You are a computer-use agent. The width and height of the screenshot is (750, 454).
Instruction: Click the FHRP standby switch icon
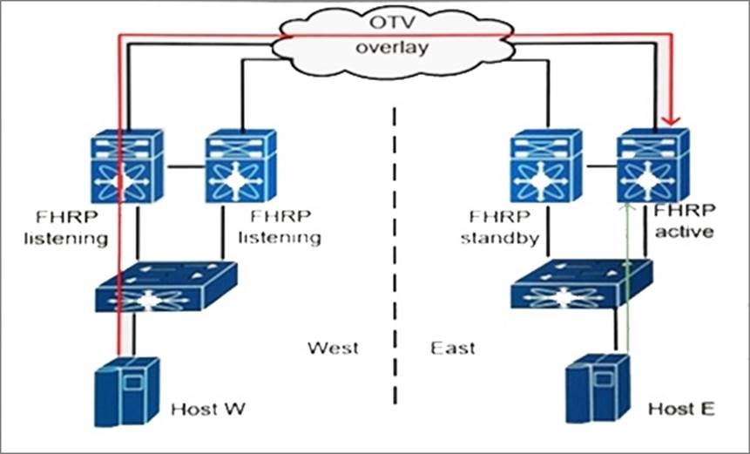[x=546, y=166]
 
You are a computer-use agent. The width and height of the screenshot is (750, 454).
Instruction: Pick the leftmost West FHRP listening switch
[x=128, y=166]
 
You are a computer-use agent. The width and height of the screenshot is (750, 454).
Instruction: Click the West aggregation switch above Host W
[x=166, y=287]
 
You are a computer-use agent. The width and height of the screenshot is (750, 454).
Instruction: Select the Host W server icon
[x=126, y=391]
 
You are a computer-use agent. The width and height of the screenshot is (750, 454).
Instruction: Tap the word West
[x=333, y=349]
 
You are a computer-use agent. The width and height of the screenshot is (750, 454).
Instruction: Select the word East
[x=453, y=349]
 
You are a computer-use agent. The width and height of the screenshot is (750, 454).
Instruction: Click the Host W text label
[x=206, y=408]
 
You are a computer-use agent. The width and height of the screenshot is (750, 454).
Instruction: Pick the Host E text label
[x=680, y=408]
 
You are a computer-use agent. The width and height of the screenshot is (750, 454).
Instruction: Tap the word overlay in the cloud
[x=391, y=47]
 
